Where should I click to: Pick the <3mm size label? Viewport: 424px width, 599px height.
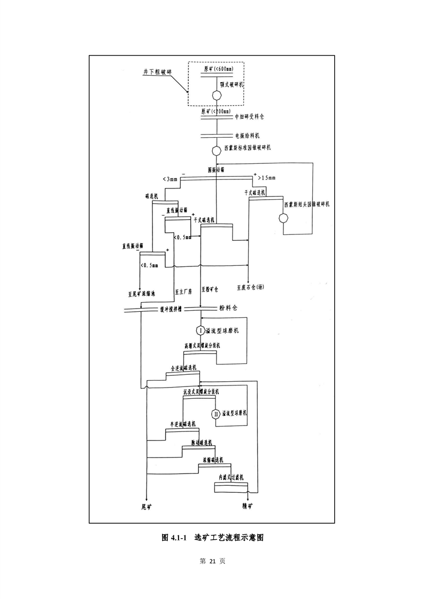click(169, 179)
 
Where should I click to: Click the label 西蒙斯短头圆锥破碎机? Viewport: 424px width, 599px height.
click(306, 204)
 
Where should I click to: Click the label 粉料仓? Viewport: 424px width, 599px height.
click(228, 308)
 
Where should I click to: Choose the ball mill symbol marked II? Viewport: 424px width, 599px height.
click(216, 414)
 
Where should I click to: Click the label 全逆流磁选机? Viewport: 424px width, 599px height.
click(183, 368)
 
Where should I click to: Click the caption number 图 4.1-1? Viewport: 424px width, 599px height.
click(173, 537)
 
